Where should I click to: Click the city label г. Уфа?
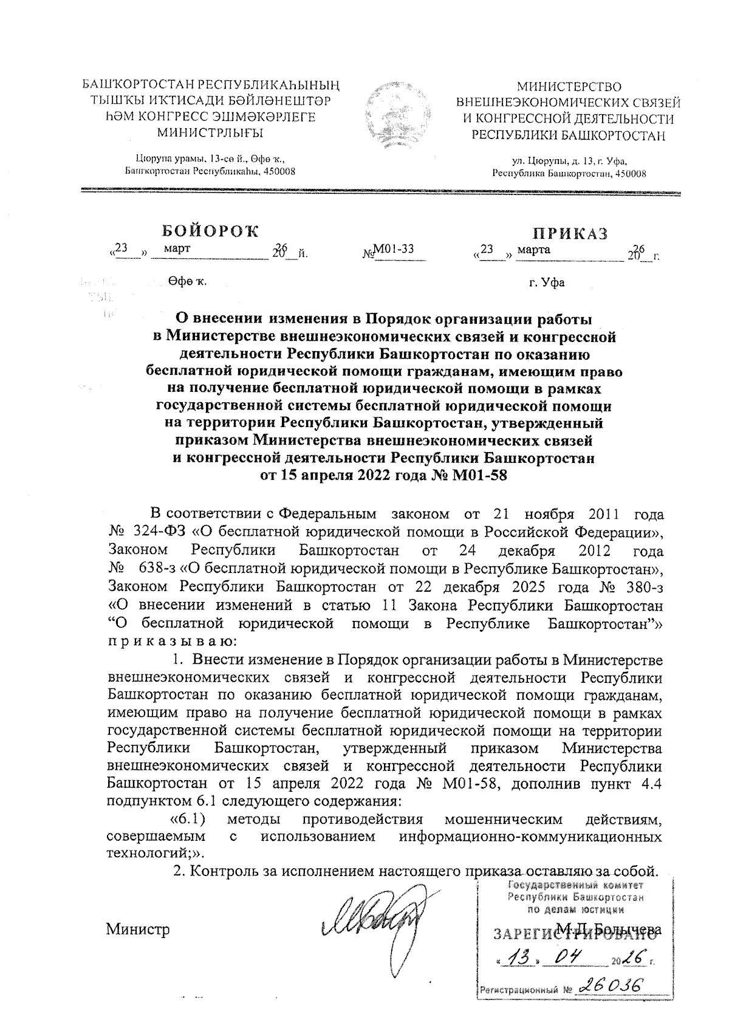pos(547,283)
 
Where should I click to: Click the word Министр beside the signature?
pos(138,930)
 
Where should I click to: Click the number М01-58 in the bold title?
pos(479,476)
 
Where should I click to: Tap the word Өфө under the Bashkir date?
pos(182,282)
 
